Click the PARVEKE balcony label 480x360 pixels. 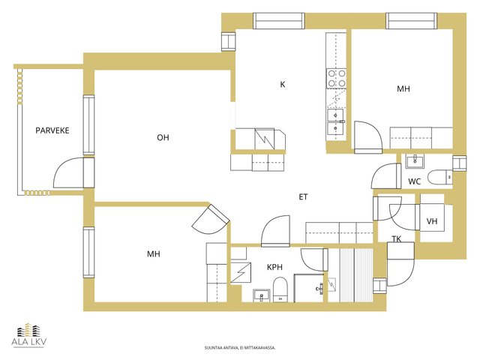click(52, 130)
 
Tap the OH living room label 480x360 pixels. click(163, 138)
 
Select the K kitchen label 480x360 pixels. click(283, 85)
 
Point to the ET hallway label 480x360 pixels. click(303, 197)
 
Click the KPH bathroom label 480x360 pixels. click(274, 267)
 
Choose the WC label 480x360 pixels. click(415, 181)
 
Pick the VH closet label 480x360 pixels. click(432, 221)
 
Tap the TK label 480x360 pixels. click(397, 239)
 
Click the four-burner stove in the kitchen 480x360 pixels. click(337, 78)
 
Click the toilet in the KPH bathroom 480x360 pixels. click(280, 289)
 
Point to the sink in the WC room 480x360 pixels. click(415, 161)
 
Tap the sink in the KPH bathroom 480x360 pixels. click(262, 295)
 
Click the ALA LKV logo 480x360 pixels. click(29, 335)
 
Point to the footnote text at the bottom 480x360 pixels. click(240, 348)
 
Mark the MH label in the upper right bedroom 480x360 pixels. click(403, 88)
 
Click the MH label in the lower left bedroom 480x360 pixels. click(153, 254)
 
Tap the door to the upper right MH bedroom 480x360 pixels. click(368, 137)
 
